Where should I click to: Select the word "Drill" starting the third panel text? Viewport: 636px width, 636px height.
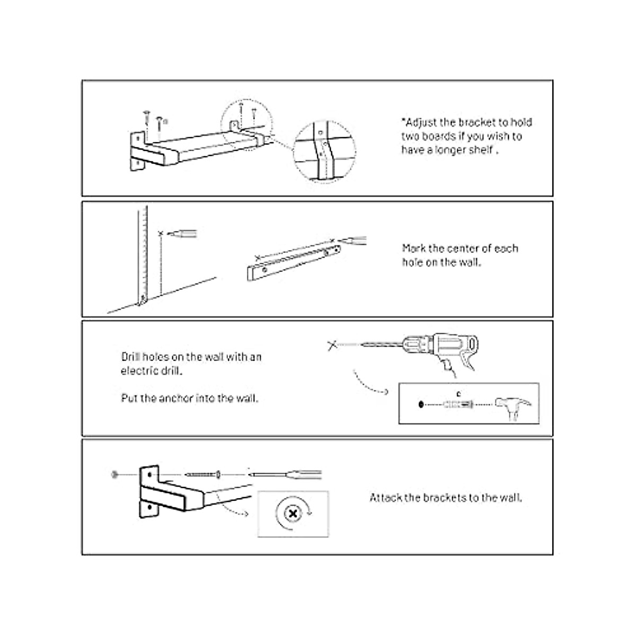click(130, 357)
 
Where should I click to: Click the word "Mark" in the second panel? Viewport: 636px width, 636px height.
click(413, 248)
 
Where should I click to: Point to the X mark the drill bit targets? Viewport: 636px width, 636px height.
click(332, 346)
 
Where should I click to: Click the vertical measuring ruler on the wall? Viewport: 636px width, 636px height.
click(142, 254)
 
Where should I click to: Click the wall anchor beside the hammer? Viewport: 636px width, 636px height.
click(457, 405)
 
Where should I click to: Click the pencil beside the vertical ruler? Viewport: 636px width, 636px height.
click(183, 233)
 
